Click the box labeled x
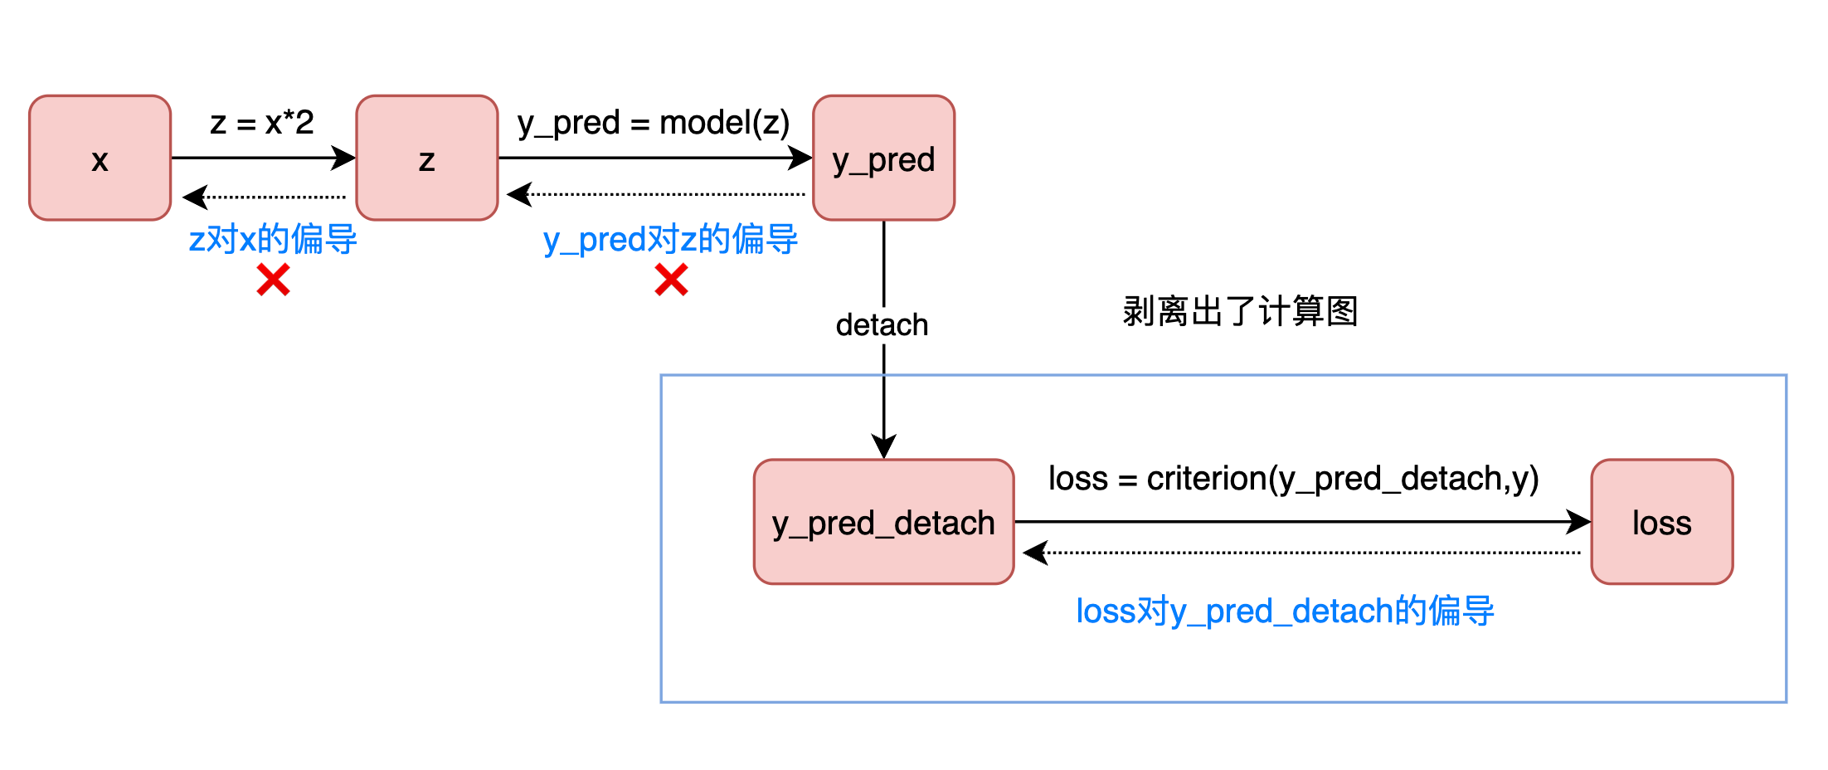[x=100, y=158]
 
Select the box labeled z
[x=426, y=158]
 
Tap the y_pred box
[x=883, y=158]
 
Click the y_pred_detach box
[x=883, y=522]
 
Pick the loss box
[x=1661, y=522]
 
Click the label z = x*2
[x=262, y=123]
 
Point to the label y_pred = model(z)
[x=654, y=123]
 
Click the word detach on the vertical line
[x=882, y=324]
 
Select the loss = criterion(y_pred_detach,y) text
[x=1293, y=479]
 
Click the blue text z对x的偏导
[x=273, y=239]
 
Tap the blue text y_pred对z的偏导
[x=670, y=239]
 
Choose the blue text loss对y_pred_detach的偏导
[x=1285, y=611]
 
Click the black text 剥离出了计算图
[x=1240, y=311]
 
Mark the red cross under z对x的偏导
[x=273, y=280]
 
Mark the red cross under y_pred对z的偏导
[x=671, y=280]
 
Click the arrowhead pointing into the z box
[x=344, y=158]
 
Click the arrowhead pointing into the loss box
[x=1578, y=522]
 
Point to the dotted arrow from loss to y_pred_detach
[x=1302, y=552]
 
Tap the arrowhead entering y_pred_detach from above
[x=883, y=446]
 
